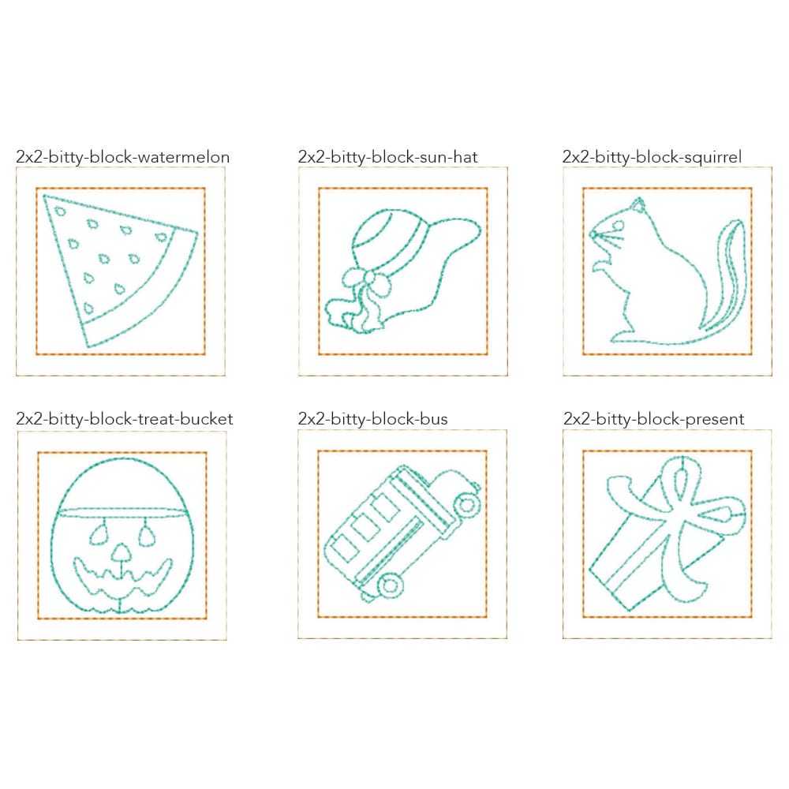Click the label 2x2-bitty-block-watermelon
coord(123,157)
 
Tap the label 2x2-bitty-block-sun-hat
coord(387,157)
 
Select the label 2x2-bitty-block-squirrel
coord(652,157)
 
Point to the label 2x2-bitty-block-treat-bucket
coord(125,419)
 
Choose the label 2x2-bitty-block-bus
coord(372,419)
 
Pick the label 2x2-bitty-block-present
coord(653,419)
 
